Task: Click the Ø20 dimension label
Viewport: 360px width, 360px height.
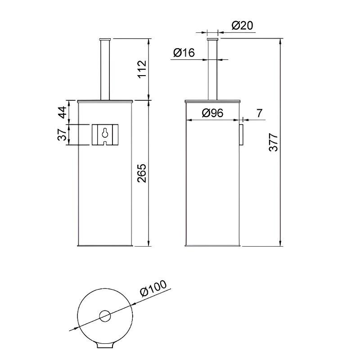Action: pos(242,25)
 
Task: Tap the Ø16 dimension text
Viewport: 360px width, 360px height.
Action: pos(184,53)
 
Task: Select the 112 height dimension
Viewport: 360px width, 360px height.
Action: pos(142,69)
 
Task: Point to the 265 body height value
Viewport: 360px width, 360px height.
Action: pos(142,173)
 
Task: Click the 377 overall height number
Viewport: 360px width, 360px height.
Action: pos(274,142)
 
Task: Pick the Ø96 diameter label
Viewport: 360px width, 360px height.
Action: pos(212,113)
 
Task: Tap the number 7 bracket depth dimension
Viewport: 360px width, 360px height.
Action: pos(259,113)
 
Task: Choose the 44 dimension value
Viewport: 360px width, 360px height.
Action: pos(62,112)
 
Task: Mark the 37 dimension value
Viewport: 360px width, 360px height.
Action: pos(62,135)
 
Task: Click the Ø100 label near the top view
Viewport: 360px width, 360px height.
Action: pos(153,288)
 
